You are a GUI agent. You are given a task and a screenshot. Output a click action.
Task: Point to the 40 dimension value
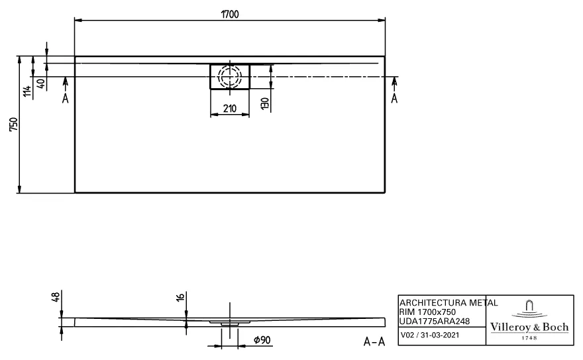click(x=40, y=84)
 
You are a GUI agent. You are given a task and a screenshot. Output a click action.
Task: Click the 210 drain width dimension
click(x=230, y=108)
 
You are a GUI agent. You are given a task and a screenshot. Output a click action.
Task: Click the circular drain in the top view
click(x=230, y=76)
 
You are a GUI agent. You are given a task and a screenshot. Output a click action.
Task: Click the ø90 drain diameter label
click(x=261, y=340)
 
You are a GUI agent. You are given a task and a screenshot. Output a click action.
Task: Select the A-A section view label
click(x=374, y=341)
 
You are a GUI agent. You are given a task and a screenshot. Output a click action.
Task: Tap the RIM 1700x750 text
click(x=427, y=312)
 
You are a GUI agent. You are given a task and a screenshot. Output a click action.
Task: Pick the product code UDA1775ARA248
click(x=435, y=321)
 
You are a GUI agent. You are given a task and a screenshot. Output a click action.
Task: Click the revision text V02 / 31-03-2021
click(x=429, y=336)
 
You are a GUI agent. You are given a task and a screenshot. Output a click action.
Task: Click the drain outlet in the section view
click(x=230, y=324)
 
